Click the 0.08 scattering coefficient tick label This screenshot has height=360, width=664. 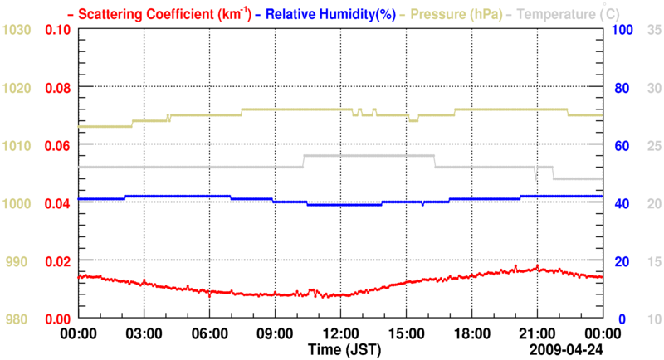(x=57, y=88)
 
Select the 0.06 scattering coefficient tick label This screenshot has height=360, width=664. (x=57, y=146)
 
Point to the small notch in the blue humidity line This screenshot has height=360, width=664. (x=422, y=204)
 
